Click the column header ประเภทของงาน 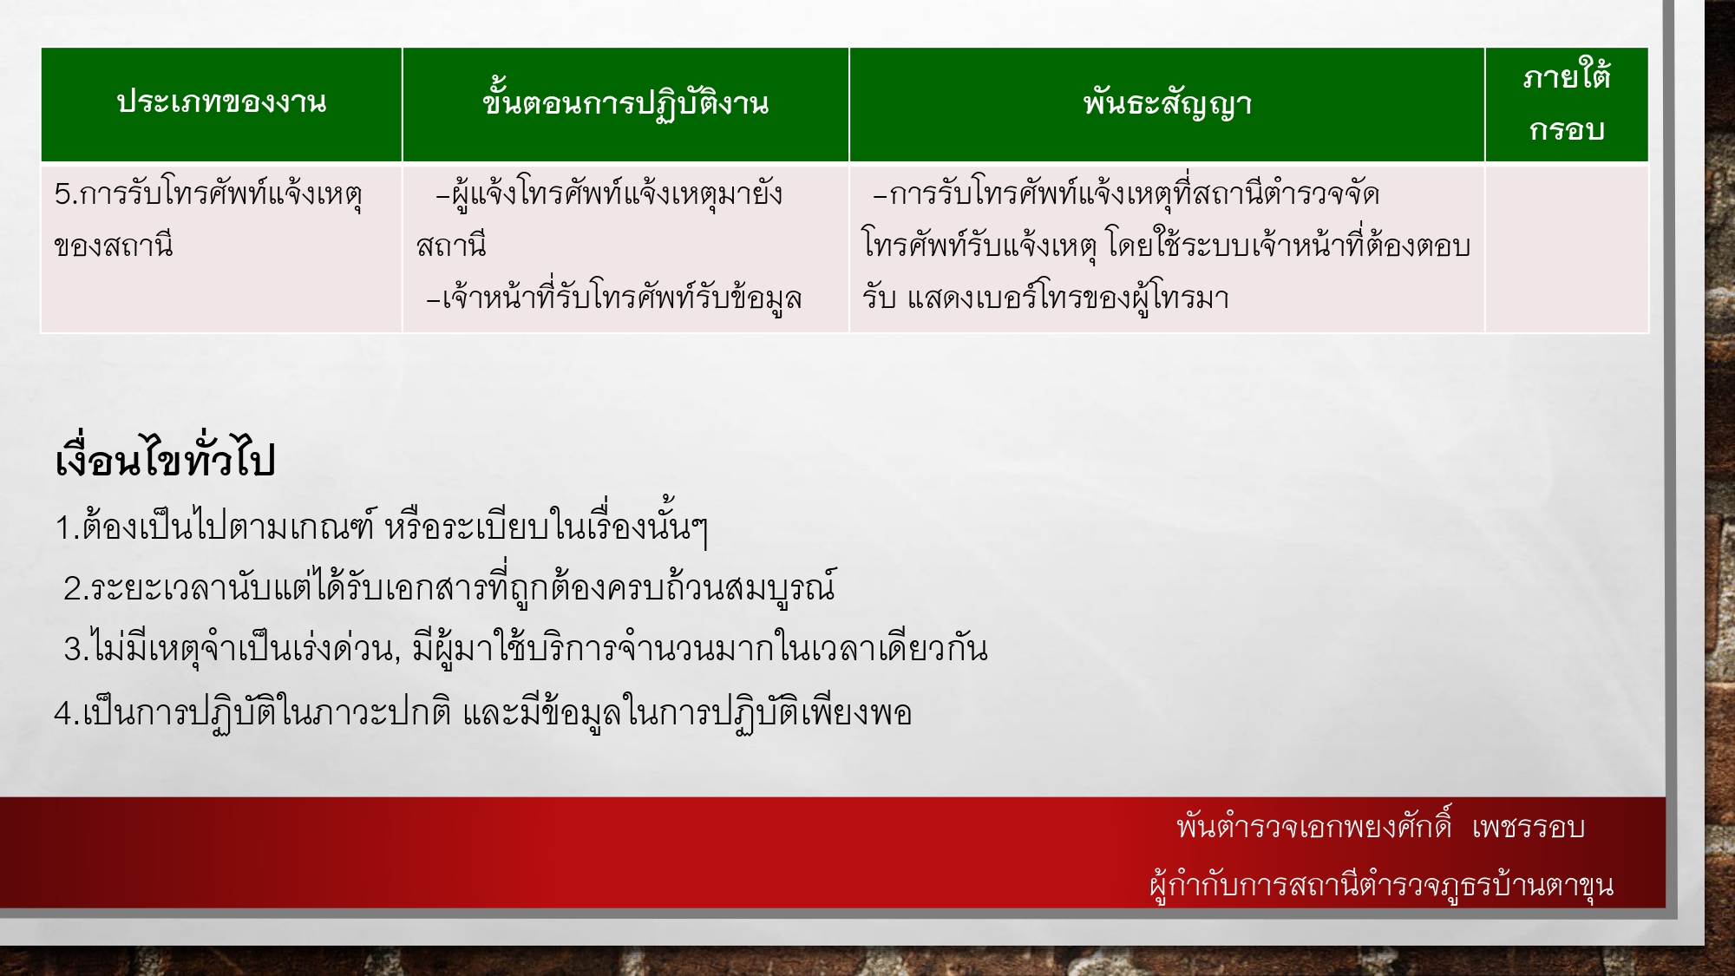coord(221,102)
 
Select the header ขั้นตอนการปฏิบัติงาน coord(625,104)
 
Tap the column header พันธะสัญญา coord(1167,104)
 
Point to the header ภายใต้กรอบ coord(1566,103)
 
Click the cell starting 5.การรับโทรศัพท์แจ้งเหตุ coord(208,193)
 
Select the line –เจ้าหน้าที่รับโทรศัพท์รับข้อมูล coord(614,298)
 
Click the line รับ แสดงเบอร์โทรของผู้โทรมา coord(1045,298)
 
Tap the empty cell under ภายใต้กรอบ coord(1566,247)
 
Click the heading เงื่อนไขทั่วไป coord(165,460)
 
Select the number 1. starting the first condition coord(67,527)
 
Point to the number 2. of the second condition coord(75,589)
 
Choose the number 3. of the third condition coord(75,650)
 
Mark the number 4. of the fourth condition coord(67,713)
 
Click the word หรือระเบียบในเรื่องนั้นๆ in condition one coord(547,527)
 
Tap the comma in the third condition coord(397,657)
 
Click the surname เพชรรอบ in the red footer coord(1529,827)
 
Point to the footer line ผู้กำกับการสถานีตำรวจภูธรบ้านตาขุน coord(1381,885)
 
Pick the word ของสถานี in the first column coord(114,246)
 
